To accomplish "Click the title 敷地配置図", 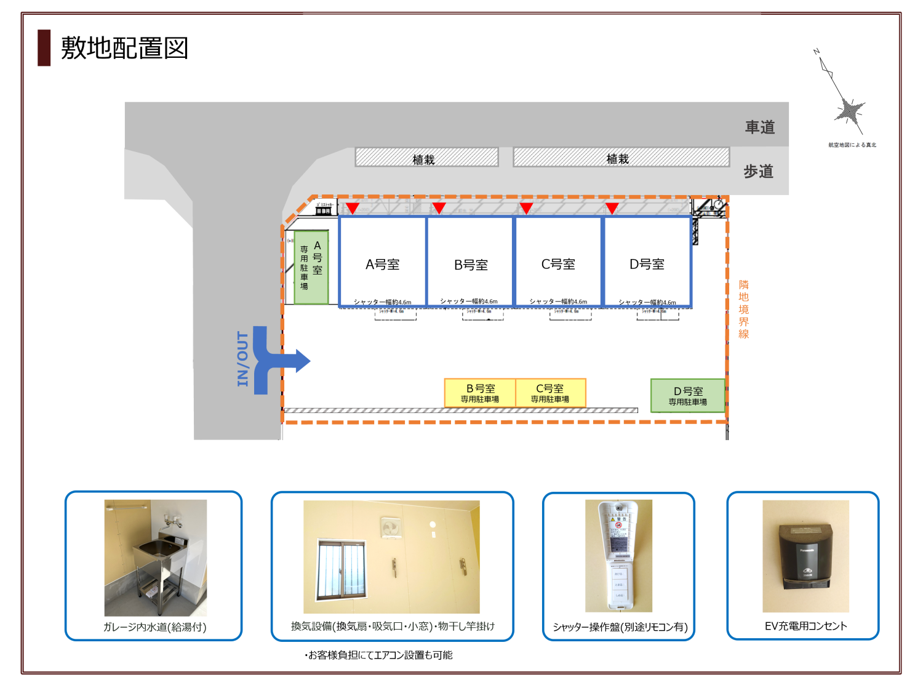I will pos(124,48).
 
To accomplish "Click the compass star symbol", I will pos(850,111).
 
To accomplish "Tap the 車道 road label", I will pos(760,127).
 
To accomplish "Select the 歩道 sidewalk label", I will pos(758,172).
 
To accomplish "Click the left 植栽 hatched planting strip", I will pos(426,158).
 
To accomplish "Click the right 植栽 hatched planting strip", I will pos(621,158).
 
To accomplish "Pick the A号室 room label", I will pos(383,265).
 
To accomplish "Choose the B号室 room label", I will pos(471,265).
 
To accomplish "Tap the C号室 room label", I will pos(558,265).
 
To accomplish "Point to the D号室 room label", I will pos(647,265).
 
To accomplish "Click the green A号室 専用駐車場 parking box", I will pos(311,267).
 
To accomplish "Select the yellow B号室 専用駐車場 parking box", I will pos(480,393).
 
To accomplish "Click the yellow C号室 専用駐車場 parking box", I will pos(550,393).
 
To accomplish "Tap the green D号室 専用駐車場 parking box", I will pos(688,395).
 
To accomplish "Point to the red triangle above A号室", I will pos(352,207).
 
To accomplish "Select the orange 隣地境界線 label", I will pos(743,309).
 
